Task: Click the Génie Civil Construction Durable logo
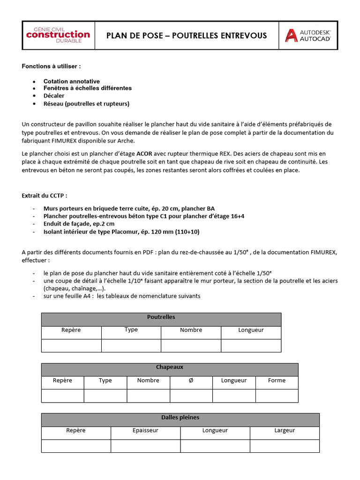pyautogui.click(x=58, y=35)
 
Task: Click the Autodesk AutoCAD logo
pyautogui.click(x=308, y=36)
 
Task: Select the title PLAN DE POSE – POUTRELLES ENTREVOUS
pyautogui.click(x=187, y=36)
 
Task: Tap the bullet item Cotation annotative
pyautogui.click(x=71, y=81)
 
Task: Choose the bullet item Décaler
pyautogui.click(x=54, y=96)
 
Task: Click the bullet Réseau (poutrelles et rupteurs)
pyautogui.click(x=86, y=104)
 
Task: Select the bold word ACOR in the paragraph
pyautogui.click(x=144, y=153)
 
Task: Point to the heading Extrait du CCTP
pyautogui.click(x=47, y=195)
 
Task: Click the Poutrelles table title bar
pyautogui.click(x=161, y=317)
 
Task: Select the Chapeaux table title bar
pyautogui.click(x=169, y=367)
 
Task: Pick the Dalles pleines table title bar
pyautogui.click(x=180, y=417)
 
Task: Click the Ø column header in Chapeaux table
pyautogui.click(x=191, y=380)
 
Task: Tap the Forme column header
pyautogui.click(x=277, y=380)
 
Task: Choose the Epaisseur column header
pyautogui.click(x=145, y=430)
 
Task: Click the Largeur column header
pyautogui.click(x=285, y=430)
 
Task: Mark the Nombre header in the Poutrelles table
pyautogui.click(x=191, y=330)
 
